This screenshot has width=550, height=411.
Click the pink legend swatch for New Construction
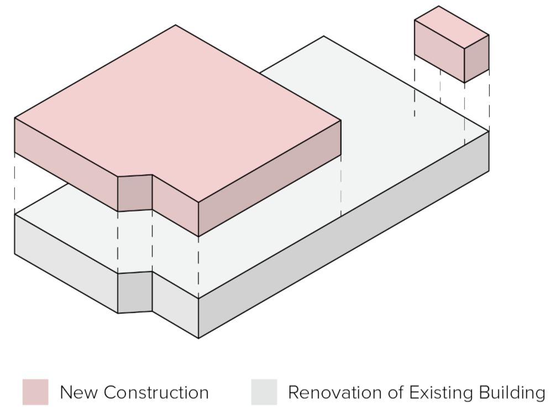tap(35, 392)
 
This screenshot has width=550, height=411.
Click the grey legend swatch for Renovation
tap(264, 392)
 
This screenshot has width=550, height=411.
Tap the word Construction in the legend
tap(156, 392)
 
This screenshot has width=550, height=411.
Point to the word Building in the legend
tap(512, 393)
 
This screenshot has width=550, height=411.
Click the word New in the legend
tap(78, 392)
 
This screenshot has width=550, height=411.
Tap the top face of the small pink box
tap(452, 27)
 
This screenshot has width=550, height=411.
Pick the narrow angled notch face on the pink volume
tap(135, 193)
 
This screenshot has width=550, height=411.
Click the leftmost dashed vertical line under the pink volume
tap(15, 182)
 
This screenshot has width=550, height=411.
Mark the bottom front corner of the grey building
tap(198, 338)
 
